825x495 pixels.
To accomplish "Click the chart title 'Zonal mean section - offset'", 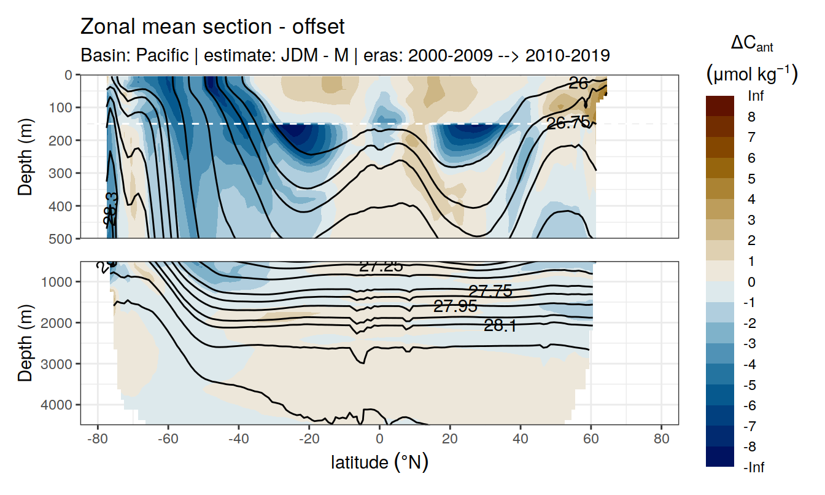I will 212,27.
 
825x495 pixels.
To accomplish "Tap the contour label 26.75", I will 568,123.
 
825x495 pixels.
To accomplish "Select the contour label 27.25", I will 381,266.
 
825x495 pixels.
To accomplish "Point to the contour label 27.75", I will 490,292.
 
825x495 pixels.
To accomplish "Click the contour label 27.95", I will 455,306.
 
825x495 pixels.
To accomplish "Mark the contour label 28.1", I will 500,326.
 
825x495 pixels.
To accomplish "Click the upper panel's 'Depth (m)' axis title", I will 26,156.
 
